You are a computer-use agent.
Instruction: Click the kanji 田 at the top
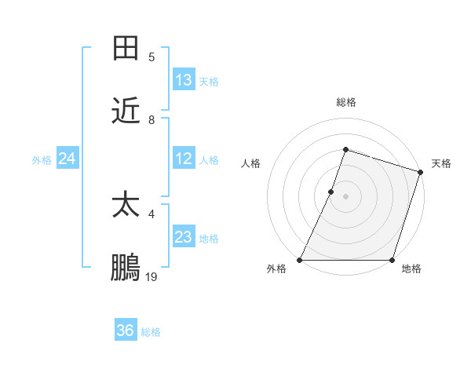pyautogui.click(x=126, y=49)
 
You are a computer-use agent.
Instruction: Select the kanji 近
pyautogui.click(x=126, y=112)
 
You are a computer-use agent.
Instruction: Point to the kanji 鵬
pyautogui.click(x=126, y=269)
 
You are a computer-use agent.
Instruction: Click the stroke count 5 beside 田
pyautogui.click(x=152, y=57)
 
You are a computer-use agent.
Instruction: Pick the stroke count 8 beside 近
pyautogui.click(x=152, y=120)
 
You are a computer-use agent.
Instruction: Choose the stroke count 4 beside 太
pyautogui.click(x=152, y=213)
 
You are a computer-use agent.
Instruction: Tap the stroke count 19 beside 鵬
pyautogui.click(x=152, y=276)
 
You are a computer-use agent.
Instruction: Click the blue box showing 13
pyautogui.click(x=184, y=80)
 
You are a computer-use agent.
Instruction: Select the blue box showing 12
pyautogui.click(x=184, y=159)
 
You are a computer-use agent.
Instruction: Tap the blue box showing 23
pyautogui.click(x=184, y=237)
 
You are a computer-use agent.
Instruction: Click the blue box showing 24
pyautogui.click(x=68, y=159)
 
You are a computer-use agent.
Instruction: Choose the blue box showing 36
pyautogui.click(x=126, y=331)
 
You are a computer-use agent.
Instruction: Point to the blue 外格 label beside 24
pyautogui.click(x=42, y=159)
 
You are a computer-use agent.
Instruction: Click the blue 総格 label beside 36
pyautogui.click(x=151, y=332)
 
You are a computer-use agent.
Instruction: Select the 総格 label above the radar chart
pyautogui.click(x=345, y=102)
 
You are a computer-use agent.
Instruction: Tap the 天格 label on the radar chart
pyautogui.click(x=441, y=163)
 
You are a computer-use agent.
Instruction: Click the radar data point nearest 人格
pyautogui.click(x=331, y=192)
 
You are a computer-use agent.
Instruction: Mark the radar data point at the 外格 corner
pyautogui.click(x=300, y=260)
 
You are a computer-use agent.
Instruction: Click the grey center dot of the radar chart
pyautogui.click(x=345, y=196)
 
